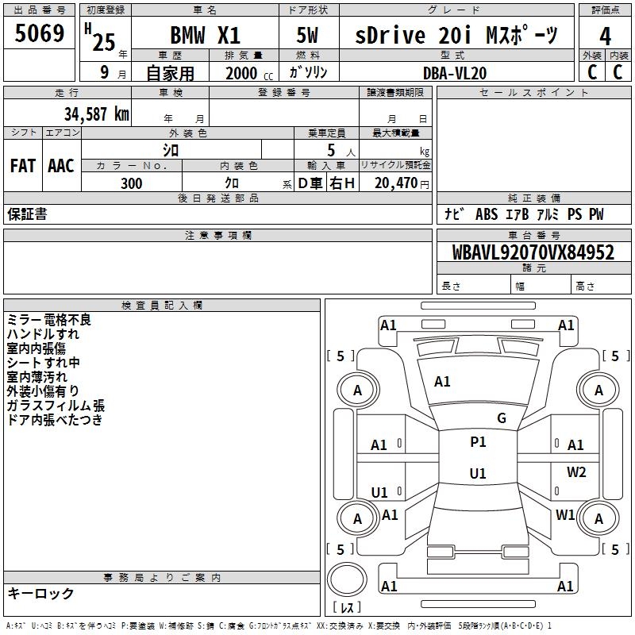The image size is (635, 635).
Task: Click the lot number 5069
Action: (x=40, y=33)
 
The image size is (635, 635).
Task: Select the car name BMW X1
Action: (x=206, y=36)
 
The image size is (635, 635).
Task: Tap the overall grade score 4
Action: (x=605, y=36)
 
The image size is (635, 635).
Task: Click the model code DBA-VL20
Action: (x=456, y=72)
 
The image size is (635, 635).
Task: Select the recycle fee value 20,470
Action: (x=395, y=183)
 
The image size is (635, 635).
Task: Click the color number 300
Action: (x=132, y=183)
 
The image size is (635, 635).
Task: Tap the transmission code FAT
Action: (x=23, y=166)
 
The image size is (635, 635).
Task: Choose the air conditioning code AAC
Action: (x=61, y=166)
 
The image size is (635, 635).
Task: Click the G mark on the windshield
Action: (x=502, y=418)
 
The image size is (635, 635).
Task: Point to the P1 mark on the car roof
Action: (x=478, y=442)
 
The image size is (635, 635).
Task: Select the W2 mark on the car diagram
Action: (x=576, y=472)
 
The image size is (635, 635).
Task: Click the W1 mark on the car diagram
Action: (x=566, y=515)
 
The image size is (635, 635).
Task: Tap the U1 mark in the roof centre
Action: (x=478, y=474)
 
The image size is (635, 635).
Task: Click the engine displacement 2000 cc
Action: (x=244, y=73)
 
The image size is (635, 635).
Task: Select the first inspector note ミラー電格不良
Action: (x=49, y=320)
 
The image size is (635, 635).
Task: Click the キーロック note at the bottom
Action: (x=41, y=593)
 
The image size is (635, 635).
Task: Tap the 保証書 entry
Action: (x=27, y=214)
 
